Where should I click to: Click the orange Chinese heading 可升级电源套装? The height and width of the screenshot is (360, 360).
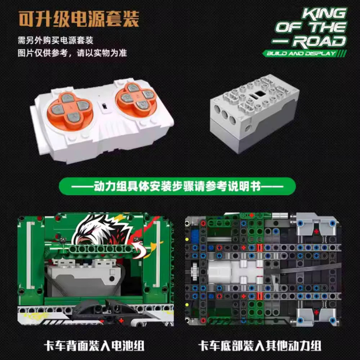coord(79,19)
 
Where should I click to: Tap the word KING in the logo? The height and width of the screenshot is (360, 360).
coord(324,14)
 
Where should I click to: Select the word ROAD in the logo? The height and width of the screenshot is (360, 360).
coord(319,42)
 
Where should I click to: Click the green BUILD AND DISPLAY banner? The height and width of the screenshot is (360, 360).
coord(304,54)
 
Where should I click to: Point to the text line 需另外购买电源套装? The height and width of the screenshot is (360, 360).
coord(56,40)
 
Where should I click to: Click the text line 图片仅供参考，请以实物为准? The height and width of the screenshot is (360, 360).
coord(72,53)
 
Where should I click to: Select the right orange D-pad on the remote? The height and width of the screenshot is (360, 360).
coord(136,96)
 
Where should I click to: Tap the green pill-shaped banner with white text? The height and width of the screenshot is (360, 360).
coord(177,186)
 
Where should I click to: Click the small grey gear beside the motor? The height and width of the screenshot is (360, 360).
coord(194,272)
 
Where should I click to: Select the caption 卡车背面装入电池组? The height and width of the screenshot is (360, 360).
coord(94,346)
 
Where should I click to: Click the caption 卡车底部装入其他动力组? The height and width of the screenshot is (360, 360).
coord(260,346)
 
